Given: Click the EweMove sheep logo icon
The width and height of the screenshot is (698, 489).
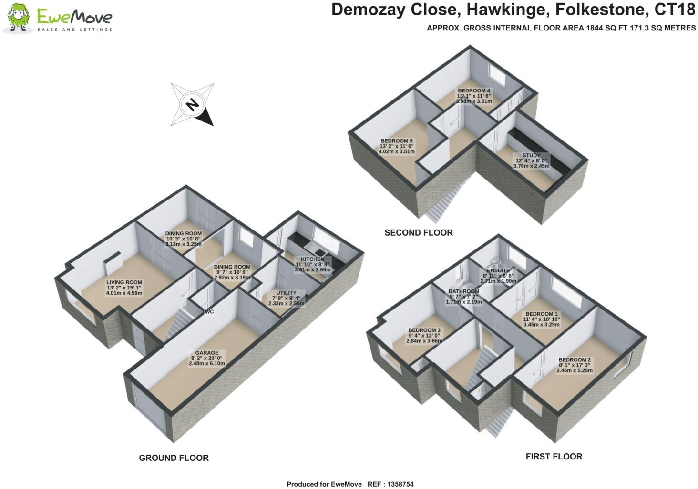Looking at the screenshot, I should pos(19,18).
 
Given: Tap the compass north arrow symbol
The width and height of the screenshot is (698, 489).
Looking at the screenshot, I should pos(192,104).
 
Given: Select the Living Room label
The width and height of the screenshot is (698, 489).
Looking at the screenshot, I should pos(124,282).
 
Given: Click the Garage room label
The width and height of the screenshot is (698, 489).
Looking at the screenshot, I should pos(206,353).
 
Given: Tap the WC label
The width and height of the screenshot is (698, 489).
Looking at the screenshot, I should pos(209,312).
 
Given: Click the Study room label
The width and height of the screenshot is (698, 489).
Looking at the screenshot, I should pos(531,156).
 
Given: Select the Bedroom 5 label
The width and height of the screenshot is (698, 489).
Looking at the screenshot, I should pos(396,141).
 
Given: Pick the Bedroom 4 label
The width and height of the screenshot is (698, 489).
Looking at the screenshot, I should pos(474,90).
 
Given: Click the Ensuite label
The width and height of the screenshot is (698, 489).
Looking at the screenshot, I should pos(498,270).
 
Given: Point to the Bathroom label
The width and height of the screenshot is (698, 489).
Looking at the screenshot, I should pos(463,291).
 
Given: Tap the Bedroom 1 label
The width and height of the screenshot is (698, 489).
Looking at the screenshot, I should pos(541,314).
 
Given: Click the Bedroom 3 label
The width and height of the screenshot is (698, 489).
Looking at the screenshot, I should pos(424,330).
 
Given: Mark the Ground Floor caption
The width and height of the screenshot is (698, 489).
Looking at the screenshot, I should pos(174,458).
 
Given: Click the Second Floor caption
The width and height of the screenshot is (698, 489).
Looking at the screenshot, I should pos(419,233).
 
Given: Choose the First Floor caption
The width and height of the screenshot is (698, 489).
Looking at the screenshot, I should pos(554,457).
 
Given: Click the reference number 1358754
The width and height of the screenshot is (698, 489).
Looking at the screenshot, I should pos(397,484).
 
